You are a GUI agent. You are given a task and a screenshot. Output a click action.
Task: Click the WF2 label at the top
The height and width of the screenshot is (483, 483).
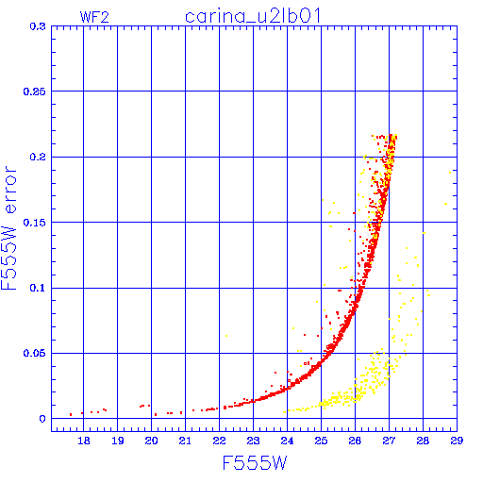click(94, 17)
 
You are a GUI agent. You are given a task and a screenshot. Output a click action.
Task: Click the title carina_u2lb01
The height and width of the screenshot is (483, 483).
click(253, 16)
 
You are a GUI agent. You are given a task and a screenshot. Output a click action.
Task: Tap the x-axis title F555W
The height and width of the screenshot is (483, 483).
click(255, 463)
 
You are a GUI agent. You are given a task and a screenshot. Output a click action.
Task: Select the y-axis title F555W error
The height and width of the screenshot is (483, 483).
click(8, 227)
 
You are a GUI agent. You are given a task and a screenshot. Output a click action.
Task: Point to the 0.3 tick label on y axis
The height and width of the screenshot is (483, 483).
click(38, 26)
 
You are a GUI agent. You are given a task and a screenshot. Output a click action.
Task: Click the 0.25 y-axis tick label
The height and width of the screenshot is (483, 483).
click(35, 92)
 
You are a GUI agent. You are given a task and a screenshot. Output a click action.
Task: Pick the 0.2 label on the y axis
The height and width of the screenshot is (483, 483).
click(38, 157)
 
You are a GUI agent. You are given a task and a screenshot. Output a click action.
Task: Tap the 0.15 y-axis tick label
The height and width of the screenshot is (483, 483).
click(35, 223)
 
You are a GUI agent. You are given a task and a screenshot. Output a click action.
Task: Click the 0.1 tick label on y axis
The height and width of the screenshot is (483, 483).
click(38, 288)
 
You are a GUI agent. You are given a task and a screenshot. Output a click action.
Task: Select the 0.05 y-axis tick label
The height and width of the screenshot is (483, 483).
click(35, 353)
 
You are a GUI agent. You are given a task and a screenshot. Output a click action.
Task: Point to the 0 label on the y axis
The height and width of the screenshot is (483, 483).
click(42, 419)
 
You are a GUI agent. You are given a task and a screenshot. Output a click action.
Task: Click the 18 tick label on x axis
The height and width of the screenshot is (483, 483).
click(84, 441)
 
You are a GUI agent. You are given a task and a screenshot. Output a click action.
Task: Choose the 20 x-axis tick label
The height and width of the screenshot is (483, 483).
click(151, 441)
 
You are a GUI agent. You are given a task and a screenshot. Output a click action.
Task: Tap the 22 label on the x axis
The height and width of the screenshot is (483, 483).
click(219, 441)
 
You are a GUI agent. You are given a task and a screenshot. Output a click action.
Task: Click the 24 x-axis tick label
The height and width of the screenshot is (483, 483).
click(287, 441)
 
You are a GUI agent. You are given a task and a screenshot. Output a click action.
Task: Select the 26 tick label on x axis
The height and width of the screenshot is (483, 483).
click(355, 441)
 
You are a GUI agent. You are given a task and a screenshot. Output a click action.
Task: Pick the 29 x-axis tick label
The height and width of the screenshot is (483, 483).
click(457, 441)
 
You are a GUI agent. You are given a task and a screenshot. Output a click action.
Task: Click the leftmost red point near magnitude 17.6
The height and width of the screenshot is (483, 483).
click(71, 415)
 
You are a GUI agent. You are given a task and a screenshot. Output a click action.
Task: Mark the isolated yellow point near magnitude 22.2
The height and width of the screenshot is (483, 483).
click(226, 336)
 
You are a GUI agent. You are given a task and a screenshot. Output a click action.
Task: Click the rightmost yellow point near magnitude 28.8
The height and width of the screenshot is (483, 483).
click(450, 173)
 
